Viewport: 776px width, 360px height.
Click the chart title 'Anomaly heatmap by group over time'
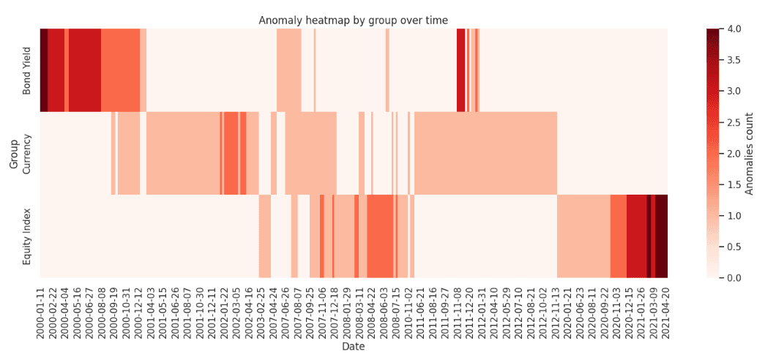(x=353, y=20)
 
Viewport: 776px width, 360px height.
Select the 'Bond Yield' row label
(x=27, y=70)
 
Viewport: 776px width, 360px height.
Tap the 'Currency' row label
(x=27, y=153)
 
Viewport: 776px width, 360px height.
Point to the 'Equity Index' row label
(x=27, y=236)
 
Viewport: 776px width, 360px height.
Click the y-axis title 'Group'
(x=14, y=154)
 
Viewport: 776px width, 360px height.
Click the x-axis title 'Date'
(x=353, y=347)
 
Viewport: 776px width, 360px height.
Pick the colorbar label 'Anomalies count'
(x=749, y=154)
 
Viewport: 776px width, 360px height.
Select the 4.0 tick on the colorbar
(x=733, y=29)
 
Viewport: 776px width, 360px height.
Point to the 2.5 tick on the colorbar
(x=733, y=122)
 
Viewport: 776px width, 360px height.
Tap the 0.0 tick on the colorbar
(x=733, y=278)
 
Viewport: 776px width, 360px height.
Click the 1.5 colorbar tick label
(x=733, y=184)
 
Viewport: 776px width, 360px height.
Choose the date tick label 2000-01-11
(x=43, y=310)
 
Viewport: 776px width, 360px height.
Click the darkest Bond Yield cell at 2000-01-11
(x=43, y=70)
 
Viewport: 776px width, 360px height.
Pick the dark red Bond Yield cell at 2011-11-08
(x=460, y=70)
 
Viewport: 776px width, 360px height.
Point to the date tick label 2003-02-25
(x=262, y=310)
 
